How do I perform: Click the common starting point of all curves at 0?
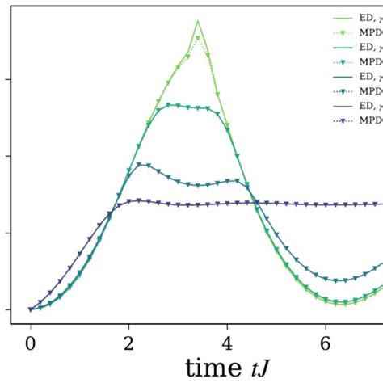click(x=30, y=309)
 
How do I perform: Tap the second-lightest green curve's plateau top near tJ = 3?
click(x=170, y=104)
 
